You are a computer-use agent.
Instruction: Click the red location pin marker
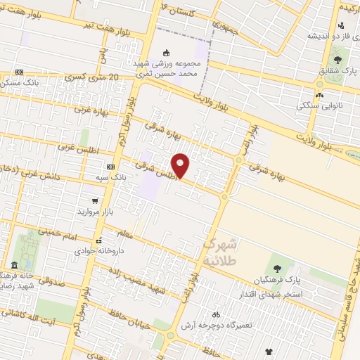pyautogui.click(x=181, y=165)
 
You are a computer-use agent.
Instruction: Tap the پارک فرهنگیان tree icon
pyautogui.click(x=276, y=269)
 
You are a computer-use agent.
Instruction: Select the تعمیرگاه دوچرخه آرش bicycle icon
pyautogui.click(x=216, y=314)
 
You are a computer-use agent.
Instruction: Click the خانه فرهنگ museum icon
pyautogui.click(x=15, y=265)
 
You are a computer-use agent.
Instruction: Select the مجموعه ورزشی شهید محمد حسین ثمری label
pyautogui.click(x=167, y=67)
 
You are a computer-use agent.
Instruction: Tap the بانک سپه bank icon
pyautogui.click(x=110, y=167)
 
